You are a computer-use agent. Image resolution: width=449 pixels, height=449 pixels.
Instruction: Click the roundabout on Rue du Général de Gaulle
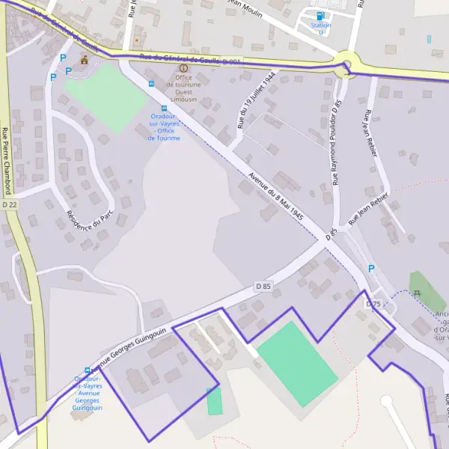coord(345,63)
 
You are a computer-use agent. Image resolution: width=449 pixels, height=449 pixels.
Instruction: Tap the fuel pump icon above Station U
coord(321,16)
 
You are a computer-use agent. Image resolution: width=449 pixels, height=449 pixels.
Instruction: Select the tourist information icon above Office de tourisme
coord(183,68)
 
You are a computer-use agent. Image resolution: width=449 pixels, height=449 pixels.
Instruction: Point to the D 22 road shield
coord(9,204)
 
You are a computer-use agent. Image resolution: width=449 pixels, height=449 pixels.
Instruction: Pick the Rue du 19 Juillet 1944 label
coord(257,101)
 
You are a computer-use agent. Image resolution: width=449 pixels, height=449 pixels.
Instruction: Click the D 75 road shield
coord(373,305)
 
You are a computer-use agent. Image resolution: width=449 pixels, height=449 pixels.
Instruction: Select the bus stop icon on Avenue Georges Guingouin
coord(88,370)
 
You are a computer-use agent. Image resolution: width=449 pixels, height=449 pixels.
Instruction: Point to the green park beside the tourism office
coord(106,97)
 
